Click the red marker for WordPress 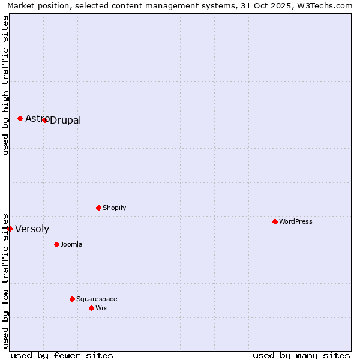[275, 221]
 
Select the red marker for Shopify [98, 208]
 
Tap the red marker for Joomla [56, 244]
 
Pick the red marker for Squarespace [72, 299]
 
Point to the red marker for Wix [91, 308]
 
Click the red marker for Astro [20, 118]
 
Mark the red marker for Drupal [44, 120]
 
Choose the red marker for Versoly [10, 229]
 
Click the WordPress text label [296, 221]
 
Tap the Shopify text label [115, 208]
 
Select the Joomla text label [71, 244]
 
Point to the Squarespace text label [97, 299]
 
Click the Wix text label [101, 308]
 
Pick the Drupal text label [65, 121]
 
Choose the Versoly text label [32, 229]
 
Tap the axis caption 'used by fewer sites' [62, 355]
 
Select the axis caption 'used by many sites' [301, 355]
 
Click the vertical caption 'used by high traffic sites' [5, 85]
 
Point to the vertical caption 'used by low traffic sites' [5, 280]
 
